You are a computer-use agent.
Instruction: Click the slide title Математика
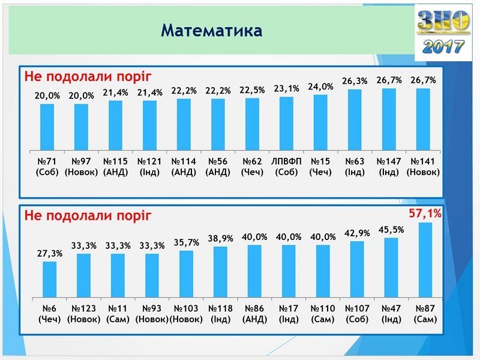(x=211, y=31)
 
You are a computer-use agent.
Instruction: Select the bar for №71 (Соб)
(x=47, y=127)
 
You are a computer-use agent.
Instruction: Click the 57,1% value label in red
(x=425, y=213)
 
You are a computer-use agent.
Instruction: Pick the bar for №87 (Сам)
(x=425, y=259)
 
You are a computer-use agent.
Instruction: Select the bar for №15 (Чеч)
(x=321, y=122)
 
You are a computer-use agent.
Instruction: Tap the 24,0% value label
(x=321, y=86)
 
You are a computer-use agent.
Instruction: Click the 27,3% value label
(x=49, y=253)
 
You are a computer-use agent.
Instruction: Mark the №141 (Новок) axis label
(x=424, y=167)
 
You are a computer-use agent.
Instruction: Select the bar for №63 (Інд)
(x=355, y=119)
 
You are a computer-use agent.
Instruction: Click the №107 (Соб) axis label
(x=357, y=314)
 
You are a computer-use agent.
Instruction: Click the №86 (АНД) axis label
(x=254, y=314)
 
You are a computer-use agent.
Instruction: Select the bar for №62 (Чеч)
(x=253, y=124)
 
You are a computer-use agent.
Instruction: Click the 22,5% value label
(x=253, y=89)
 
